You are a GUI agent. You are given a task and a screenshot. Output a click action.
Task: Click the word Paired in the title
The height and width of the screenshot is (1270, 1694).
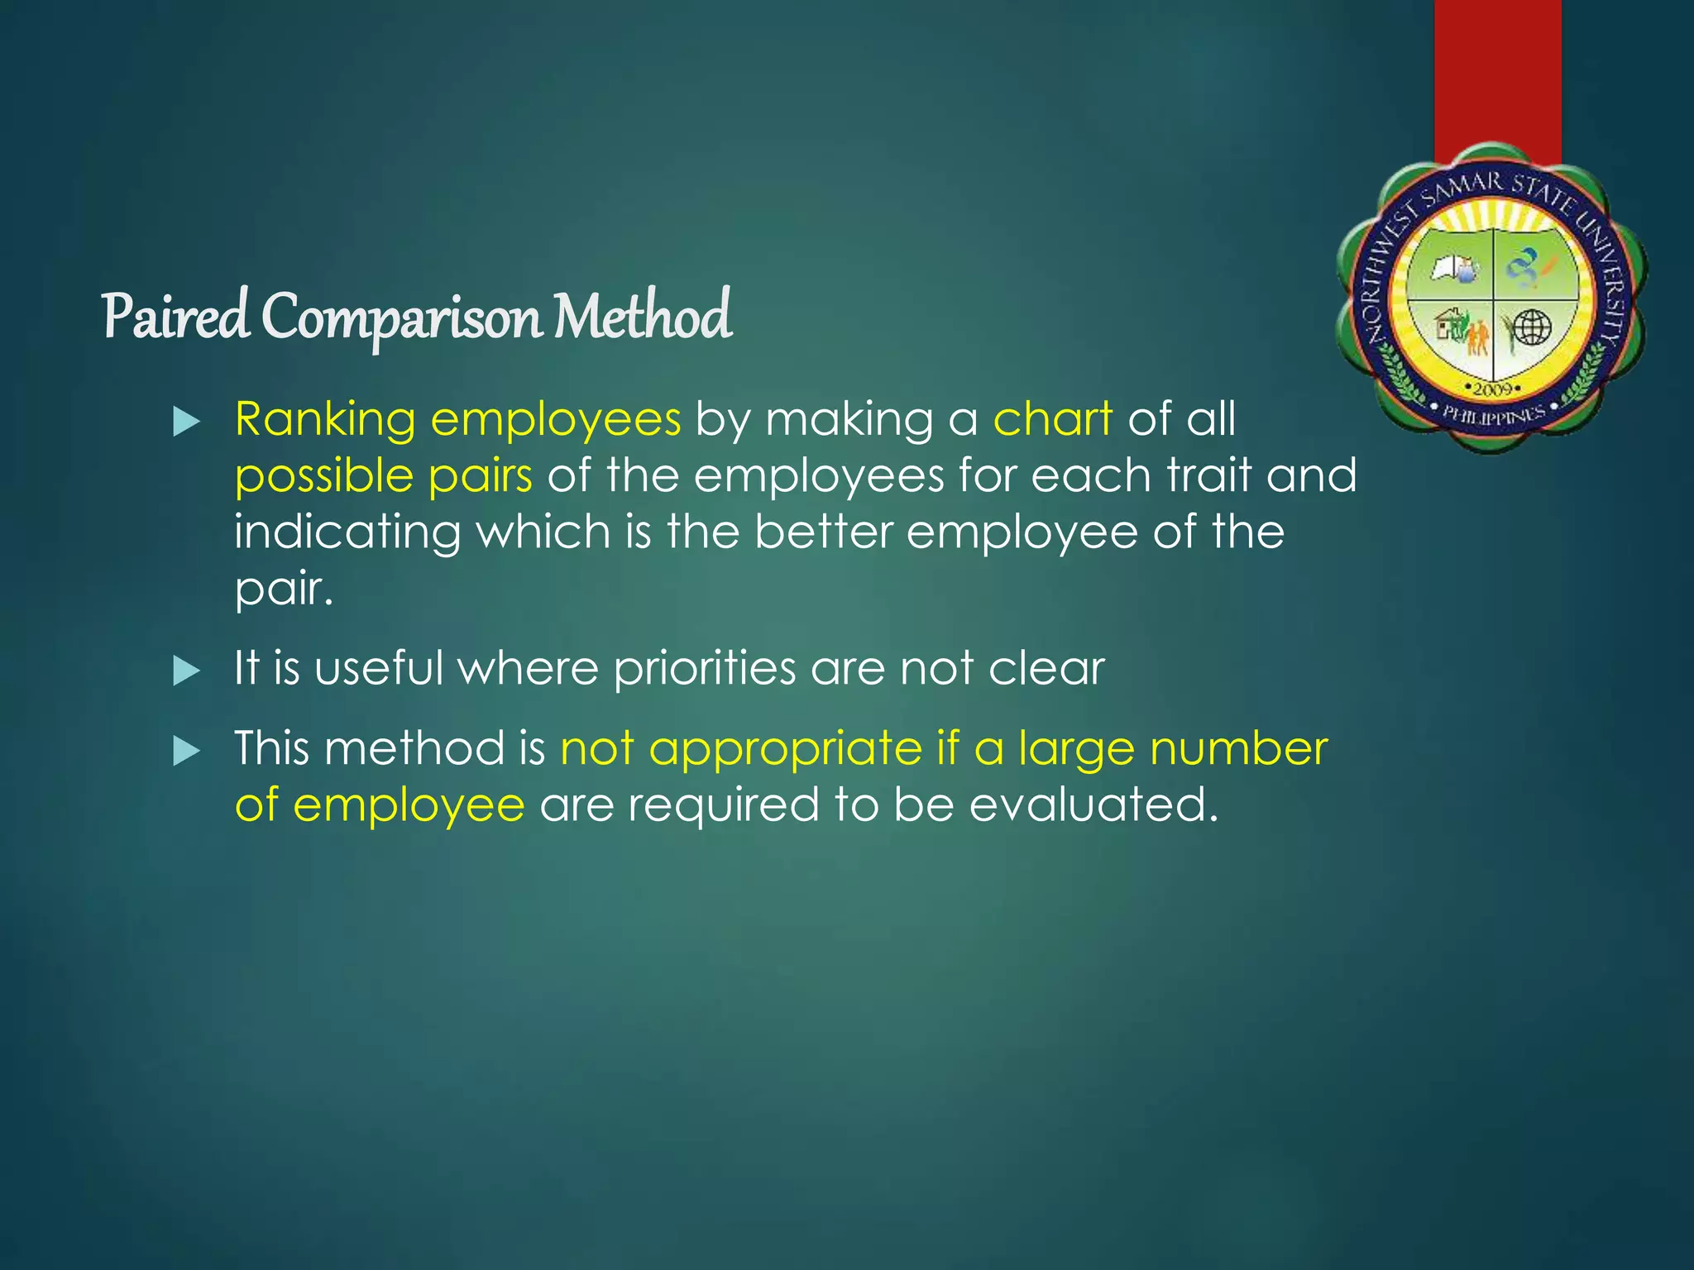[x=175, y=317]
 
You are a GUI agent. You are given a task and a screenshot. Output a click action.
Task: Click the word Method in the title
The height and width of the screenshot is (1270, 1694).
[x=643, y=317]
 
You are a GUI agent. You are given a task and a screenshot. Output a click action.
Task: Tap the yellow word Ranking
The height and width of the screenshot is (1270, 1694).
[x=325, y=419]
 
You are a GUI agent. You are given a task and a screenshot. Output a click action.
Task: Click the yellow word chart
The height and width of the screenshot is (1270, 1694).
[x=1052, y=419]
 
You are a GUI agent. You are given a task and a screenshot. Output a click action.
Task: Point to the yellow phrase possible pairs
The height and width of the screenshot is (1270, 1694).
[x=383, y=477]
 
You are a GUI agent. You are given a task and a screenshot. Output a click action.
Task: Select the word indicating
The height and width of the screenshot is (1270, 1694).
[x=347, y=532]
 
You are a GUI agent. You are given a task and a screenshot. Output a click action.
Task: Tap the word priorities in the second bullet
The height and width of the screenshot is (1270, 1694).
[x=704, y=668]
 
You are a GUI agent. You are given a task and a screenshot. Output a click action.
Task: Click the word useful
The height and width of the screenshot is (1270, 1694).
[x=379, y=668]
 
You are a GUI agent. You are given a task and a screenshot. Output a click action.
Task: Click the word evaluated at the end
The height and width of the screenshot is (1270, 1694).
[x=1093, y=804]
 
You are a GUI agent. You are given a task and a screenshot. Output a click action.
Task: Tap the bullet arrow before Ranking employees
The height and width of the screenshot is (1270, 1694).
[x=187, y=423]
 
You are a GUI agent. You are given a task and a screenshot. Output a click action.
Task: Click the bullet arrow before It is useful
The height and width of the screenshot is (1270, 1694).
[x=187, y=671]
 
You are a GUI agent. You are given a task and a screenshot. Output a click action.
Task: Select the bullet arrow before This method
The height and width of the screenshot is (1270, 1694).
[x=187, y=752]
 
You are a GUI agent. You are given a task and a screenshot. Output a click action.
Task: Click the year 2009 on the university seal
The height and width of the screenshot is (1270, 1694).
[x=1493, y=389]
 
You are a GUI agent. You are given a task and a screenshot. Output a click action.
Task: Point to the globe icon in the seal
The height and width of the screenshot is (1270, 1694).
[x=1531, y=328]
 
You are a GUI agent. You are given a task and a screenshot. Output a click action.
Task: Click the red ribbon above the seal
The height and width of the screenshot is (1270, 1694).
[x=1497, y=74]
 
